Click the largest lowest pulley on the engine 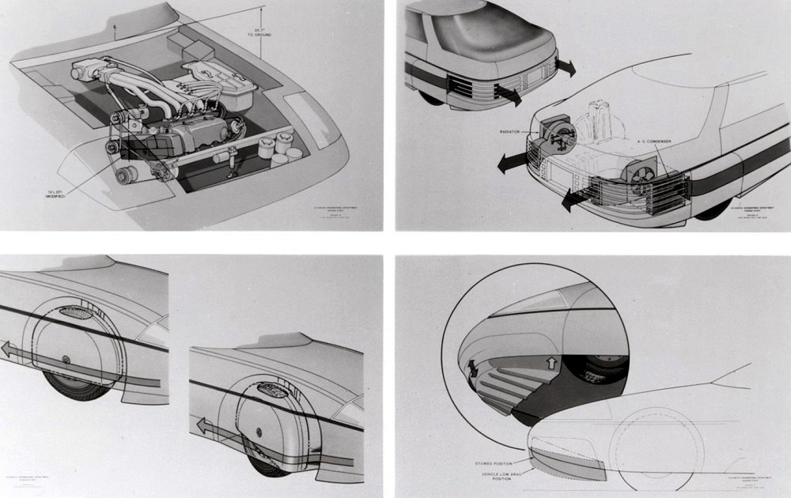pyautogui.click(x=124, y=174)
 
